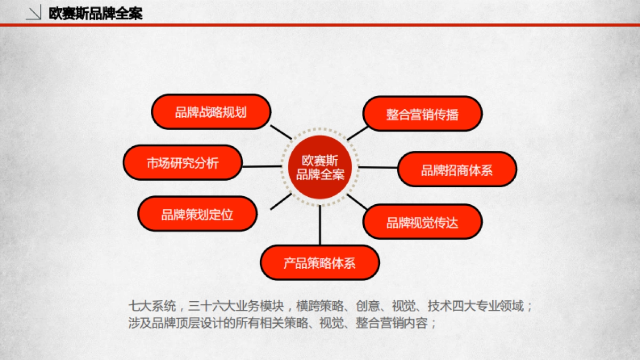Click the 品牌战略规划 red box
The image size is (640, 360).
(x=211, y=112)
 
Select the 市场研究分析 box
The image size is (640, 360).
(x=182, y=163)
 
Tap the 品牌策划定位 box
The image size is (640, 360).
(x=197, y=214)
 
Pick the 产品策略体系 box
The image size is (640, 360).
(x=319, y=262)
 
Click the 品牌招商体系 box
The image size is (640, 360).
(x=457, y=170)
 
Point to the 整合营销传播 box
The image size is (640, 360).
(x=422, y=114)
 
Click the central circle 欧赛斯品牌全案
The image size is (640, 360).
(x=320, y=167)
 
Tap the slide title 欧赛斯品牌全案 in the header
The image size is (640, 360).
(x=95, y=13)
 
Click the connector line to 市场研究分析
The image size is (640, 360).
(x=261, y=166)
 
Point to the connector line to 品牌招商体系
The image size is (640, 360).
(x=378, y=167)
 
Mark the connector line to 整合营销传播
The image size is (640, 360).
(x=357, y=133)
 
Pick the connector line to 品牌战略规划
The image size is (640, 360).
(x=281, y=132)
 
